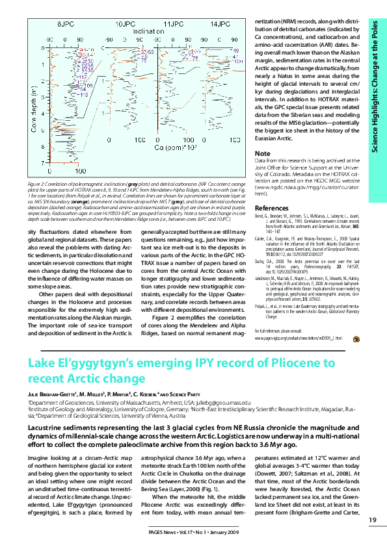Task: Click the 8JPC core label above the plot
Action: [x=65, y=23]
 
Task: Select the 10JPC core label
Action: [x=125, y=23]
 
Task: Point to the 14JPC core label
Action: [x=220, y=23]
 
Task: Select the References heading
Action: [x=272, y=208]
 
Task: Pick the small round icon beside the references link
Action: [x=356, y=338]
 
